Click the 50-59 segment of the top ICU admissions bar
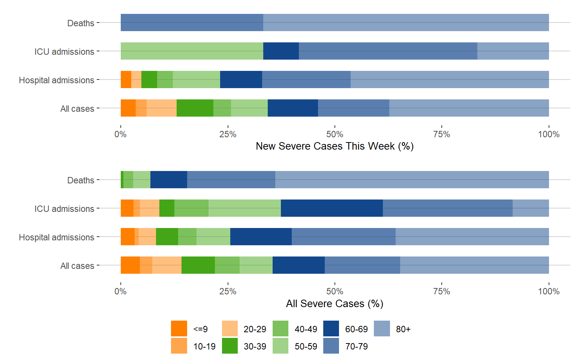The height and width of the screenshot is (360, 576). click(x=192, y=51)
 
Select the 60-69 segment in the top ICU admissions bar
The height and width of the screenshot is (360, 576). click(x=281, y=51)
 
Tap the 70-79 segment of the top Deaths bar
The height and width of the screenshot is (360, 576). click(x=192, y=22)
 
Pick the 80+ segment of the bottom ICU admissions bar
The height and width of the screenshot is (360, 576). click(x=531, y=208)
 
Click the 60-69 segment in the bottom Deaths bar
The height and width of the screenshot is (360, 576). click(x=169, y=180)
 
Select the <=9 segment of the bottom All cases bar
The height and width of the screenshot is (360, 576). click(x=130, y=265)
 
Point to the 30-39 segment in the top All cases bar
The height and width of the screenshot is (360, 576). click(x=195, y=108)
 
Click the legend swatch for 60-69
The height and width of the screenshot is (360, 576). click(x=331, y=328)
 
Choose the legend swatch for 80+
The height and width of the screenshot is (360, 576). click(x=382, y=328)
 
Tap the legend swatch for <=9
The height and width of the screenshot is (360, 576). click(x=179, y=328)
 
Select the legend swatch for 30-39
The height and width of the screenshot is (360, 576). click(x=230, y=346)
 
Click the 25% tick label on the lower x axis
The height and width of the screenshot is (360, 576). click(x=228, y=291)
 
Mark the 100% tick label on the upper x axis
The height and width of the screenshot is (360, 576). click(x=549, y=134)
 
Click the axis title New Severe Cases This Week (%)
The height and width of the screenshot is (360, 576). click(x=334, y=146)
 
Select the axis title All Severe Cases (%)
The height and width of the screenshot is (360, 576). click(x=334, y=303)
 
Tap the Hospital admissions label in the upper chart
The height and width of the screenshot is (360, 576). click(x=57, y=80)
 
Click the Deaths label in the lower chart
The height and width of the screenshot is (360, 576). click(x=81, y=180)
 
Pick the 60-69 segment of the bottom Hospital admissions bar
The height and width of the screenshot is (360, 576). click(x=261, y=237)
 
